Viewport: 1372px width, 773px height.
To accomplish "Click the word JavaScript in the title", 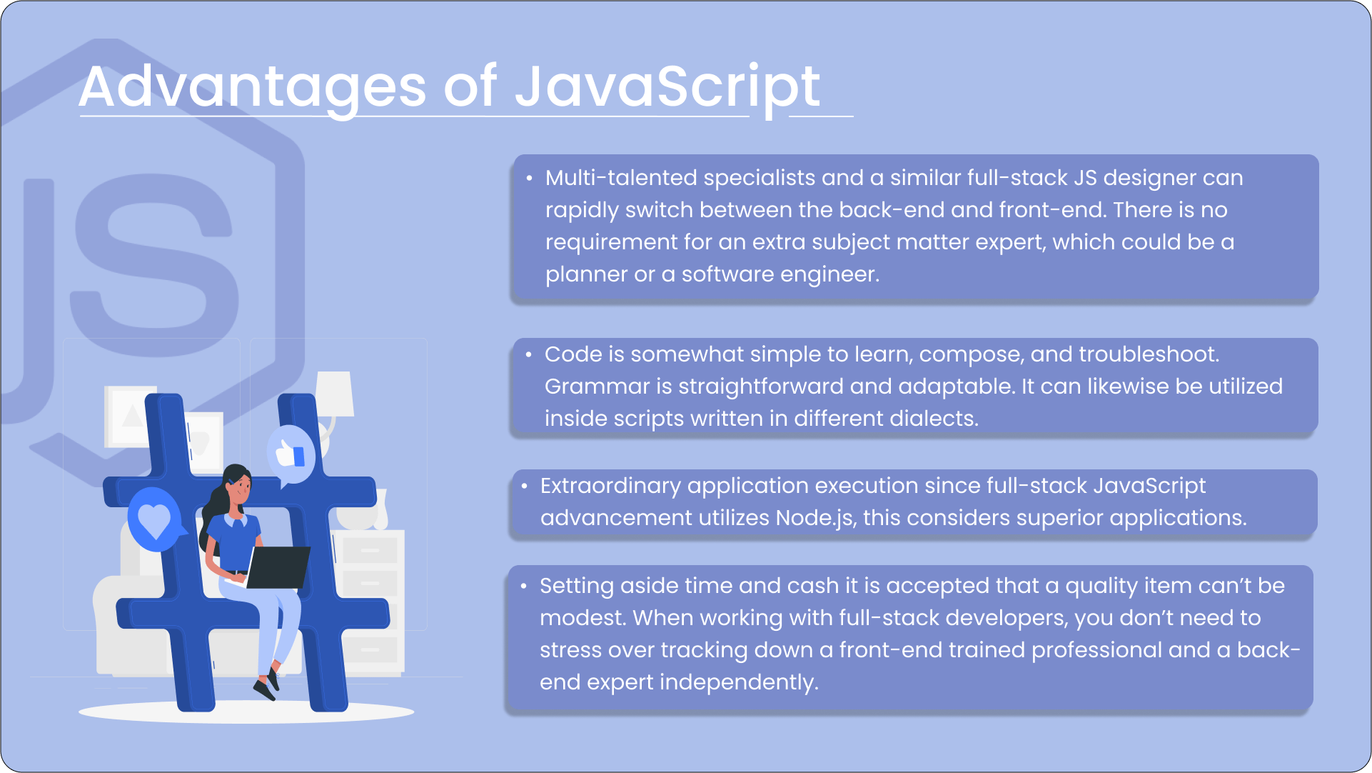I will click(x=667, y=87).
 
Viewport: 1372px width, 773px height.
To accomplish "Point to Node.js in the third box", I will click(x=814, y=518).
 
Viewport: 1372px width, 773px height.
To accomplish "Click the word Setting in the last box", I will click(x=576, y=586).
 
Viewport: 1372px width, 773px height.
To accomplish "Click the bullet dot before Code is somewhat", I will click(x=529, y=354).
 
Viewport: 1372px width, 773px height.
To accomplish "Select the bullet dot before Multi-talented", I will click(x=529, y=178).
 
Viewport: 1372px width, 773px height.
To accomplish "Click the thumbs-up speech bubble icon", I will click(x=291, y=454).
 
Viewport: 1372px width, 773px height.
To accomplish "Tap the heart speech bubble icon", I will click(x=154, y=520).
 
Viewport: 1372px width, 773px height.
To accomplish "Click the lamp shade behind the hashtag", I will click(x=334, y=394).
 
